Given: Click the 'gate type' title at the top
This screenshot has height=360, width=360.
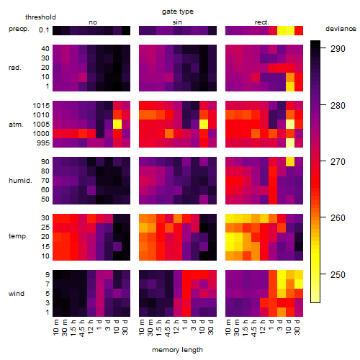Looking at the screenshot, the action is (178, 12).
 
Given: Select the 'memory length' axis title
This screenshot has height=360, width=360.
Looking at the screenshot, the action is (177, 350).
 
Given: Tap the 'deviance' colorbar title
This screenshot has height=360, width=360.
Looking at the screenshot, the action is (341, 29).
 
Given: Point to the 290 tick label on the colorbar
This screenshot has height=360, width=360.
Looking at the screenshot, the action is (338, 49).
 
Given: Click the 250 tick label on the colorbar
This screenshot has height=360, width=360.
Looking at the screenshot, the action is (338, 274).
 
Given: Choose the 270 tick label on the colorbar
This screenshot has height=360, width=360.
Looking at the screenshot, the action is (338, 162).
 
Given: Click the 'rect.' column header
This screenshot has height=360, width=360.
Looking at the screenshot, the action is (261, 22).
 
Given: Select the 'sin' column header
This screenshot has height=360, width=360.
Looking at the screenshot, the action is (177, 22).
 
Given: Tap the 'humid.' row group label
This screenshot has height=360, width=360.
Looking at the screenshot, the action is (20, 181).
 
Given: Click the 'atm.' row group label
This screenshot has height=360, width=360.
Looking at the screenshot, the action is (16, 125).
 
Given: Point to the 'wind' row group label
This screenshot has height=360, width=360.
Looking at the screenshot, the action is (17, 294).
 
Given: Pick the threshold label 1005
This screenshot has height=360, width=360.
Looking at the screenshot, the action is (41, 125).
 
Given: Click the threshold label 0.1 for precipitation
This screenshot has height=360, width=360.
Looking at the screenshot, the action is (44, 30).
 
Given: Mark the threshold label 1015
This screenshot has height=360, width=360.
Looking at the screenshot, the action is (41, 106).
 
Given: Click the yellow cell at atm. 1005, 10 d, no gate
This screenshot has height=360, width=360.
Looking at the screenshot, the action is (117, 124).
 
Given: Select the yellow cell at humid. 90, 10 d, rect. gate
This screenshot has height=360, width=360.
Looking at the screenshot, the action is (290, 162).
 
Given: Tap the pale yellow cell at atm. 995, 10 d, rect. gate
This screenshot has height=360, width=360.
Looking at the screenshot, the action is (290, 143).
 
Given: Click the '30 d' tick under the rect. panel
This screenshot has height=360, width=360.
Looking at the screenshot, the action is (297, 327).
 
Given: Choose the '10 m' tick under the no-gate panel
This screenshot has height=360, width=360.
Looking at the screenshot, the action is (56, 327).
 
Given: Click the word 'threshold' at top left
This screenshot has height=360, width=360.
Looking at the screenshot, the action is (40, 17).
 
